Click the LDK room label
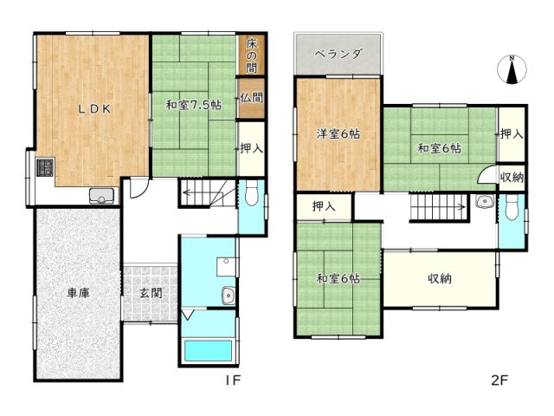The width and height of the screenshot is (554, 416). coord(94,109)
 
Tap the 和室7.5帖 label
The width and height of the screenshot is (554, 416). coord(194,105)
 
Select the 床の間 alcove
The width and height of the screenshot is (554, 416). coord(251,55)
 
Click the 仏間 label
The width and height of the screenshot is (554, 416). coord(252,97)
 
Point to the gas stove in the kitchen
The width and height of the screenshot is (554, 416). coord(45,167)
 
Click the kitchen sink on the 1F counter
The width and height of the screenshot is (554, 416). coord(102,196)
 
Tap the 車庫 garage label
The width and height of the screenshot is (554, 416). coord(79,293)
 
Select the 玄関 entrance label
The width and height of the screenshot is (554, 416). coord(151,293)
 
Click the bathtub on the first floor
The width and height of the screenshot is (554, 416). coord(209,350)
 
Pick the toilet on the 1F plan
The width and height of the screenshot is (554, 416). coord(252,193)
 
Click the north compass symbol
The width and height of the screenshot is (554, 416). coord(512,69)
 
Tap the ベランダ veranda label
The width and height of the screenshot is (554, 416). coord(338,55)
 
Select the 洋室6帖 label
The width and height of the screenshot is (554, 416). coord(338,133)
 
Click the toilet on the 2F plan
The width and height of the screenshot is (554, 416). coord(512,208)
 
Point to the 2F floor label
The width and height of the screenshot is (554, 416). coord(499,380)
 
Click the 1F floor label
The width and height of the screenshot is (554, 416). coord(233,380)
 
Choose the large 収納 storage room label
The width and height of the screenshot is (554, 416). coord(440,279)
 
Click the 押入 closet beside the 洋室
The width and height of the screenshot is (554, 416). coord(324,206)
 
